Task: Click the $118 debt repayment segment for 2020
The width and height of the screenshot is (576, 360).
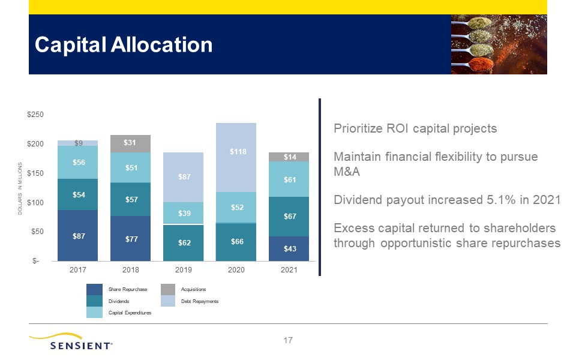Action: point(236,158)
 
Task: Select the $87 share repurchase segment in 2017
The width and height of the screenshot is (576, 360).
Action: point(77,235)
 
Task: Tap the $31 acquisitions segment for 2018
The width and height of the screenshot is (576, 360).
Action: point(130,143)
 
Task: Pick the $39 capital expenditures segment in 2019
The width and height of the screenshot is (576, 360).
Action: point(184,213)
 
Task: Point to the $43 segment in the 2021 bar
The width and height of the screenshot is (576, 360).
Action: point(289,248)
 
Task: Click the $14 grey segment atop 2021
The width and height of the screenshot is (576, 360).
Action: point(289,157)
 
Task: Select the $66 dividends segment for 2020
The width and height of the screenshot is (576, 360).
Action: point(236,242)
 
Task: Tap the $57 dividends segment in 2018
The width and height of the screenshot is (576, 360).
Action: point(130,199)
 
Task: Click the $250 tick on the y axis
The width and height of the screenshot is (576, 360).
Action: point(35,115)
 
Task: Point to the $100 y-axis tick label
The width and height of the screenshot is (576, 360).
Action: point(35,202)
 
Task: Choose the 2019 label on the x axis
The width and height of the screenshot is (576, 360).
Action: point(184,270)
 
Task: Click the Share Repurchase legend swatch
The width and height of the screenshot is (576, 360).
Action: point(94,289)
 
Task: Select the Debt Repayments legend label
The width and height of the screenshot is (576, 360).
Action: point(199,301)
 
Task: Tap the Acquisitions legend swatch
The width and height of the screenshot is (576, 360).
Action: point(168,289)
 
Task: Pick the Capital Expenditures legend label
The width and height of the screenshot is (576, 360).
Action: point(130,313)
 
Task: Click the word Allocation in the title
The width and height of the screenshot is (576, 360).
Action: point(161,45)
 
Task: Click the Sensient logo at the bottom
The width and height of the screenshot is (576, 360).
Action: point(71,341)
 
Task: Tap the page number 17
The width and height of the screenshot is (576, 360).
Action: point(288,341)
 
